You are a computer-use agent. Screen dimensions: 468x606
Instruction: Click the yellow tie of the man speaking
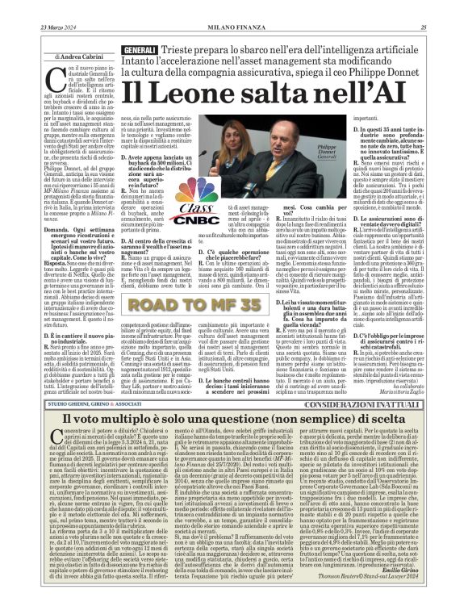(x=311, y=181)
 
